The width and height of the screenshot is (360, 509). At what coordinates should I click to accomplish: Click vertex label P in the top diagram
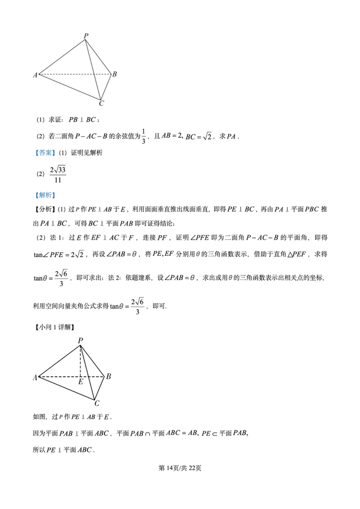[85, 36]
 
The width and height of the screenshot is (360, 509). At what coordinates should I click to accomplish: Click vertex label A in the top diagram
[35, 75]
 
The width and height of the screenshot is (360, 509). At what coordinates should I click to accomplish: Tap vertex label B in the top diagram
[114, 74]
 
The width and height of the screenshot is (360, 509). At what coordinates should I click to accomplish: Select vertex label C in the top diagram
[101, 103]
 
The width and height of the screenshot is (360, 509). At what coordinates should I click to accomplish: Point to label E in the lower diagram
[80, 382]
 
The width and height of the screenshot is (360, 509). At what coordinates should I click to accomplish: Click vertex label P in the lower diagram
[80, 340]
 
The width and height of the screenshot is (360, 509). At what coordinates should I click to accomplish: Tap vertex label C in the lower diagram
[97, 403]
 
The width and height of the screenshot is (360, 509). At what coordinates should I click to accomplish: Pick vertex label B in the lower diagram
[109, 376]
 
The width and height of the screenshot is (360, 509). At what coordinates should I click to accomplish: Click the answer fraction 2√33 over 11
[58, 174]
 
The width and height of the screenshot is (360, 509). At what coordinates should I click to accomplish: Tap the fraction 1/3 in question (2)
[143, 136]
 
